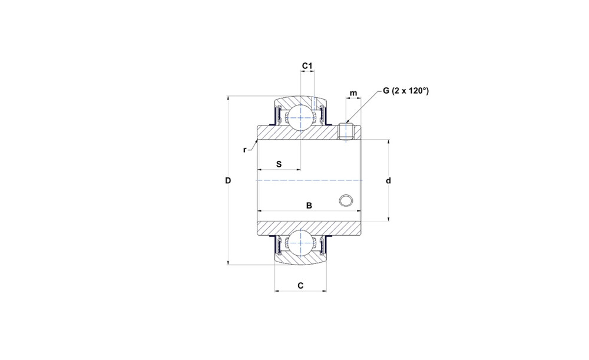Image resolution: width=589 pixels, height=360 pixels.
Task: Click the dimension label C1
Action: click(x=307, y=66)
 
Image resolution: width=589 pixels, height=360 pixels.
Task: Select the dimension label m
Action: click(x=353, y=93)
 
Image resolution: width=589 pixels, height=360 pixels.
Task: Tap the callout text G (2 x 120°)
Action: click(x=406, y=91)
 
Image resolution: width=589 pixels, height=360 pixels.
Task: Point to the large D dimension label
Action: click(x=228, y=181)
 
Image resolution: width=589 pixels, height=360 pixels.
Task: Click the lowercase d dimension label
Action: click(x=389, y=181)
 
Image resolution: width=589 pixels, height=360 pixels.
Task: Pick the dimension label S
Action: click(x=279, y=164)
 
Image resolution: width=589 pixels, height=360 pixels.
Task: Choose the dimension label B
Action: click(x=309, y=206)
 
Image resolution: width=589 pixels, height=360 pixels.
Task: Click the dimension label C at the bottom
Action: click(x=300, y=286)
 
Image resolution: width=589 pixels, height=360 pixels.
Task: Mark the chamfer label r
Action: click(x=245, y=150)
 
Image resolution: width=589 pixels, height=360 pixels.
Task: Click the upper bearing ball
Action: click(x=300, y=117)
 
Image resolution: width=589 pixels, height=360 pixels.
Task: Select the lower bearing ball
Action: click(x=300, y=244)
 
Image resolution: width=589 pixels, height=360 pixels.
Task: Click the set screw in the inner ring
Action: click(x=346, y=131)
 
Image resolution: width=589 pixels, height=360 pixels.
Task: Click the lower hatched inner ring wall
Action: click(x=309, y=229)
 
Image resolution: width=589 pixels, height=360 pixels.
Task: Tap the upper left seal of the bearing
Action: click(x=279, y=115)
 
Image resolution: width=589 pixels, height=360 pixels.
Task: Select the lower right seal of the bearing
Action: click(x=322, y=245)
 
